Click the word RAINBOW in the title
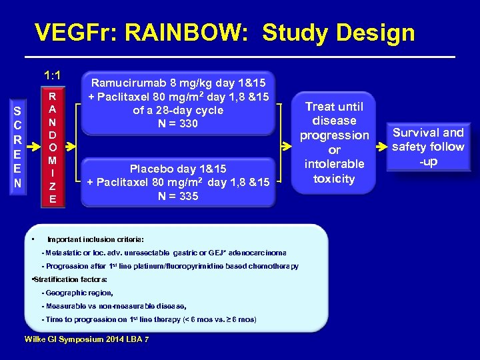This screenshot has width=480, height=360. (177, 32)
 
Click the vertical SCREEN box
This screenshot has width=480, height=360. (17, 147)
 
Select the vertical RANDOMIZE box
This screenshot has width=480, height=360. (52, 147)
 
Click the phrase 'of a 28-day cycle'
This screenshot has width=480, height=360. (178, 111)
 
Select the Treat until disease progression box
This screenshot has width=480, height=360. (334, 143)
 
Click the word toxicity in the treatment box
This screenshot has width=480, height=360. (334, 179)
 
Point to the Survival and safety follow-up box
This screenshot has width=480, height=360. (428, 147)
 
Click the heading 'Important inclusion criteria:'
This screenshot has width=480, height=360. (95, 239)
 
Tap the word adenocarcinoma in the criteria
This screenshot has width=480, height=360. (259, 253)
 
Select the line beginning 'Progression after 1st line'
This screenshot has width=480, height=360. (170, 266)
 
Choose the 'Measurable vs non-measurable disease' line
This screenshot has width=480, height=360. (113, 306)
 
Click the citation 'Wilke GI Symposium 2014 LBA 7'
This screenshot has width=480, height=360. (87, 340)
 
